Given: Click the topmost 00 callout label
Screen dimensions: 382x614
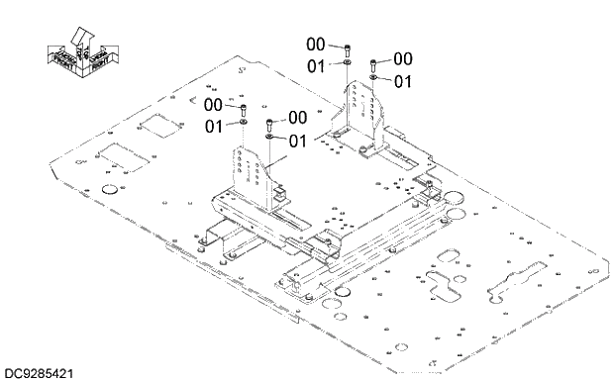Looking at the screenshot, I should pos(316,45).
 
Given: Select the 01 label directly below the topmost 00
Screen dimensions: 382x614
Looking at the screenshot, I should pos(316,65).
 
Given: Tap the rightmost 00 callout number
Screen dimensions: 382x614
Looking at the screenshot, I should pos(403,59).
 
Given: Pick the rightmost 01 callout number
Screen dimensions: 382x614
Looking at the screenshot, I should pos(403,81).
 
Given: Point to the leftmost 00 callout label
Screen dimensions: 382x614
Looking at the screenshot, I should pos(214,104).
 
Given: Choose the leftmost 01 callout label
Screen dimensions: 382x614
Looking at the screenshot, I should pos(214,126).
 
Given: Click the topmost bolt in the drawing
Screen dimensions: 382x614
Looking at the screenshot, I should pos(348,47).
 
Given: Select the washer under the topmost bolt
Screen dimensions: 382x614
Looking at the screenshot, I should pos(348,62).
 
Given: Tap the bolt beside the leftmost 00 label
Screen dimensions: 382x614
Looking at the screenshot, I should pos(244,107).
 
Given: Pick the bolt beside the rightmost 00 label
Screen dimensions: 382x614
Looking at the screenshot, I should pos(374,62).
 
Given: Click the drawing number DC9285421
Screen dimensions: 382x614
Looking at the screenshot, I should pos(37,374).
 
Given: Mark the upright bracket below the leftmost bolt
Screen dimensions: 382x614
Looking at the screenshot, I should pos(251,172).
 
